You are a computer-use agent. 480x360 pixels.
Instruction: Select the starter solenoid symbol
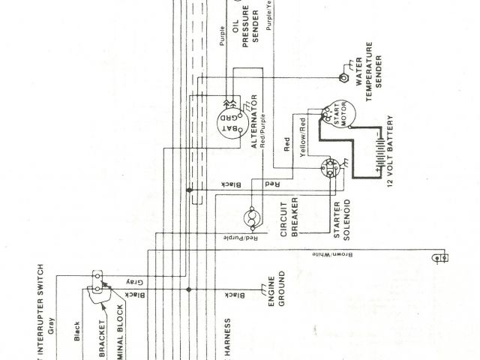tap(331, 169)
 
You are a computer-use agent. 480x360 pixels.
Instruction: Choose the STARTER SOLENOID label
tap(343, 222)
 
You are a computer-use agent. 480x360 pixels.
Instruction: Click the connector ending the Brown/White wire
tap(440, 258)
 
